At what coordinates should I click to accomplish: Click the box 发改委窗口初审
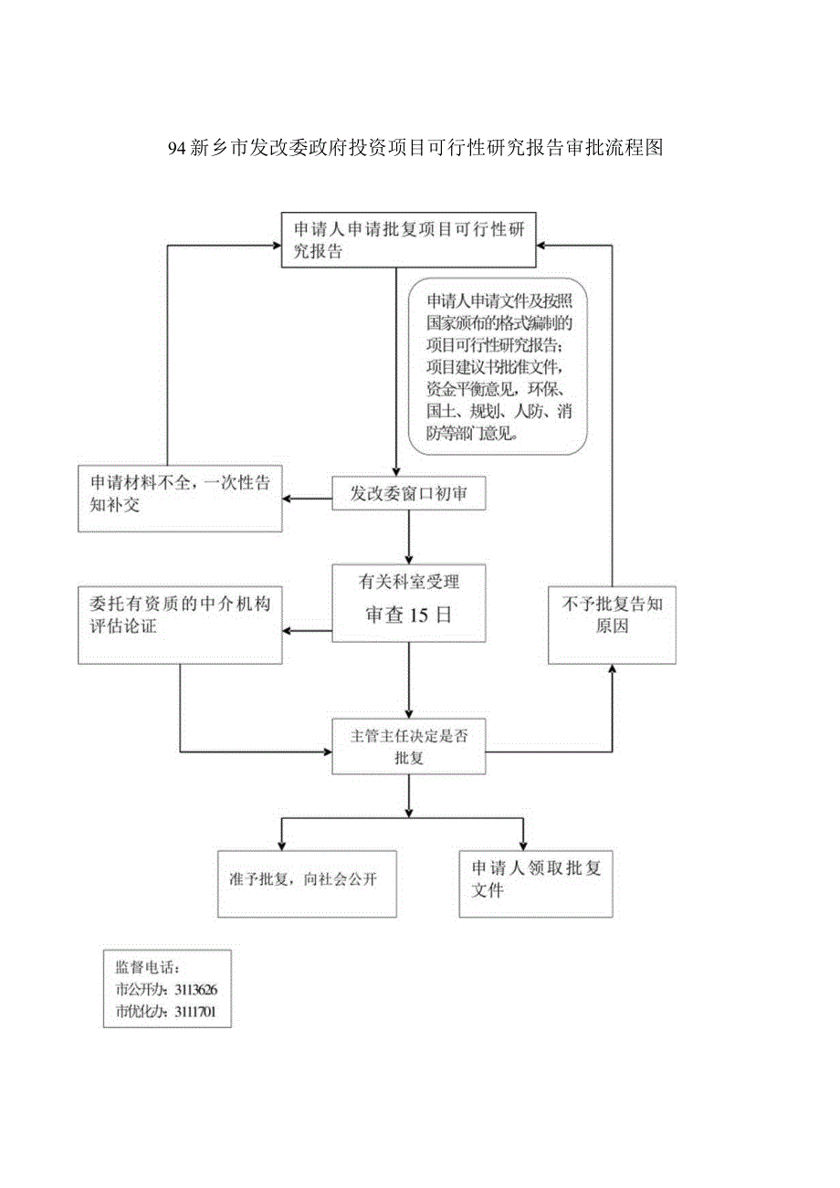408,494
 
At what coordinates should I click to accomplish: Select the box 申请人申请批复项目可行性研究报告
408,240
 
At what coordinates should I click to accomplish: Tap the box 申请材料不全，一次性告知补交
180,499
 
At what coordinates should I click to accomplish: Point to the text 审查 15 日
408,615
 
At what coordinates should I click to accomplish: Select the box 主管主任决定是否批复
408,747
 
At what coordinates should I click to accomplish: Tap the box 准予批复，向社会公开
307,883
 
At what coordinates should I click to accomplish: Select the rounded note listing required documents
498,366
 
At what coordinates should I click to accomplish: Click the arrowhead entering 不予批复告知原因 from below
612,669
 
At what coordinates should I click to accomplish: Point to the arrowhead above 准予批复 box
281,843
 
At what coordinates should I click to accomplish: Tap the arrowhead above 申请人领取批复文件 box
523,843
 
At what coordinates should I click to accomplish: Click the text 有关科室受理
408,581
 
